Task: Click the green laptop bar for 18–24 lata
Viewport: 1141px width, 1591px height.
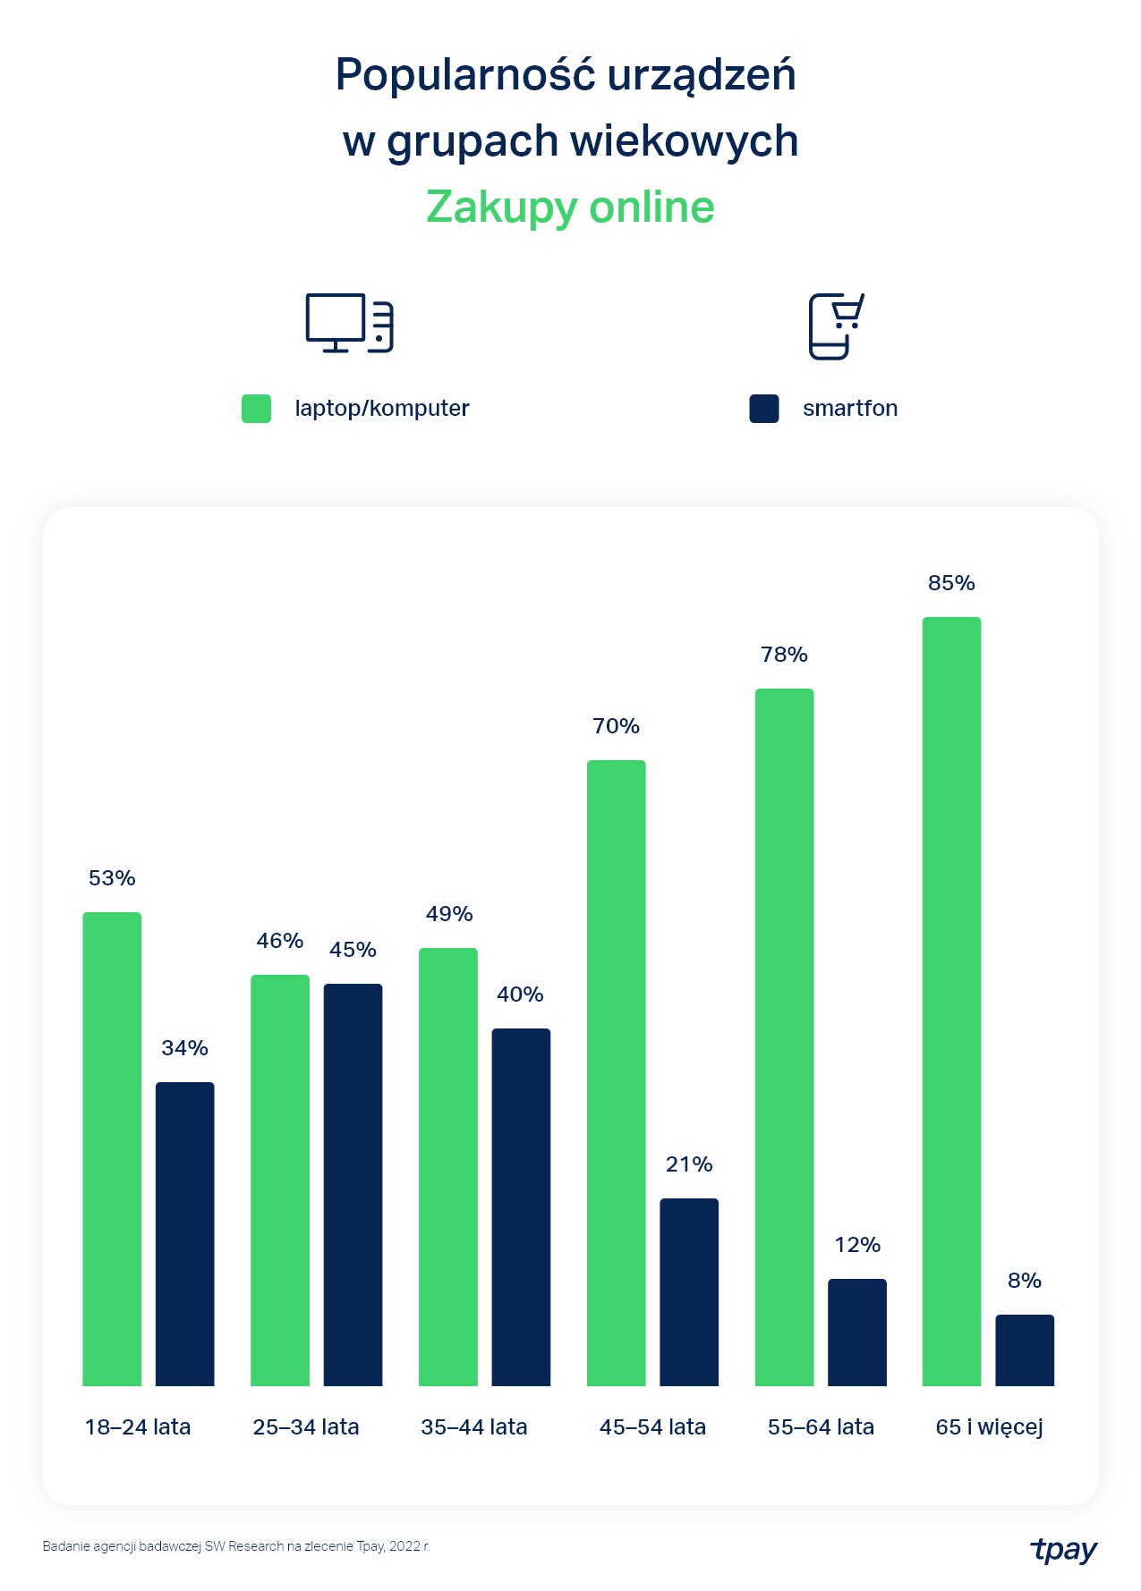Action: coord(112,1148)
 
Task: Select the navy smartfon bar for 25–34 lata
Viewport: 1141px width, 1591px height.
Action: coord(353,1184)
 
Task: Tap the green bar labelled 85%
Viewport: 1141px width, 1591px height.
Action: coord(951,1001)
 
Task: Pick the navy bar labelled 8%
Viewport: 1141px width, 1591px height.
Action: coord(1025,1350)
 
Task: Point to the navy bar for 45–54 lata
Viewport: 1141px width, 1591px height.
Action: coord(689,1291)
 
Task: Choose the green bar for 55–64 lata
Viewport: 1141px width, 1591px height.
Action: coord(784,1037)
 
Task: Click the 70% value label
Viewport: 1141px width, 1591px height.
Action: coord(616,726)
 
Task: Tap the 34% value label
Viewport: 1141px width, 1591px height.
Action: coord(184,1048)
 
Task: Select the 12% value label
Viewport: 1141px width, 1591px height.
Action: coord(857,1245)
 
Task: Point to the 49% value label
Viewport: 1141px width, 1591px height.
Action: coord(448,914)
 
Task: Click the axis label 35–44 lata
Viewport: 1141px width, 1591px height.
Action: coord(473,1427)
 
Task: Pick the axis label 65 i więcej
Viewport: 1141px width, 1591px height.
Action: coord(989,1427)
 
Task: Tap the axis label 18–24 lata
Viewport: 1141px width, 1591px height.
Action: coord(138,1427)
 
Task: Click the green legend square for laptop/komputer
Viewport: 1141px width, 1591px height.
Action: coord(257,409)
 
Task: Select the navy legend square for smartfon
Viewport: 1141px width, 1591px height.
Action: coord(764,409)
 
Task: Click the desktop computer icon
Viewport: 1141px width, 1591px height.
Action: coord(349,323)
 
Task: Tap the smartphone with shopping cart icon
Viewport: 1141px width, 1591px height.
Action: coord(836,326)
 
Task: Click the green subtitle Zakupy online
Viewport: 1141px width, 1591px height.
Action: coord(570,207)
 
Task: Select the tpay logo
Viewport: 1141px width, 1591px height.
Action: coord(1063,1549)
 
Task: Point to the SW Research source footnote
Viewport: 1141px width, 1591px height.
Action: coord(236,1546)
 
